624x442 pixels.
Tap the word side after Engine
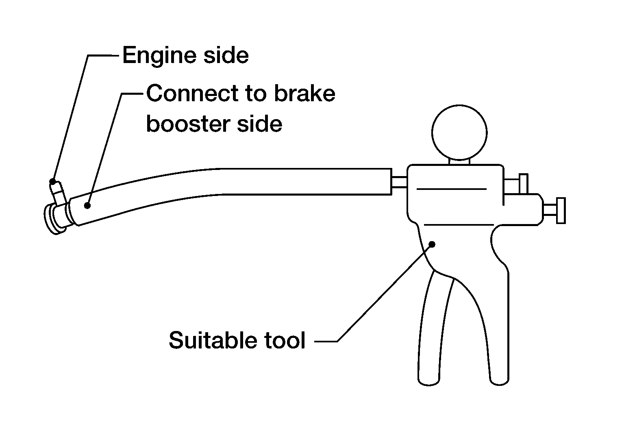coord(226,55)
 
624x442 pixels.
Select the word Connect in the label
coord(193,94)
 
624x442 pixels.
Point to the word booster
coord(189,124)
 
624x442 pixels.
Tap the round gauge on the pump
coord(459,133)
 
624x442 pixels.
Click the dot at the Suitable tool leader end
coord(432,244)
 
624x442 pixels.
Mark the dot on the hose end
coord(87,206)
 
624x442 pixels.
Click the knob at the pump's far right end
coord(561,210)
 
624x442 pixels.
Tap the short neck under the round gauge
coord(459,161)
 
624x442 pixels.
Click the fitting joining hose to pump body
coord(400,182)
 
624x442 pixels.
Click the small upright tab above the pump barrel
coord(524,184)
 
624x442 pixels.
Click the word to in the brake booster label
coord(256,94)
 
